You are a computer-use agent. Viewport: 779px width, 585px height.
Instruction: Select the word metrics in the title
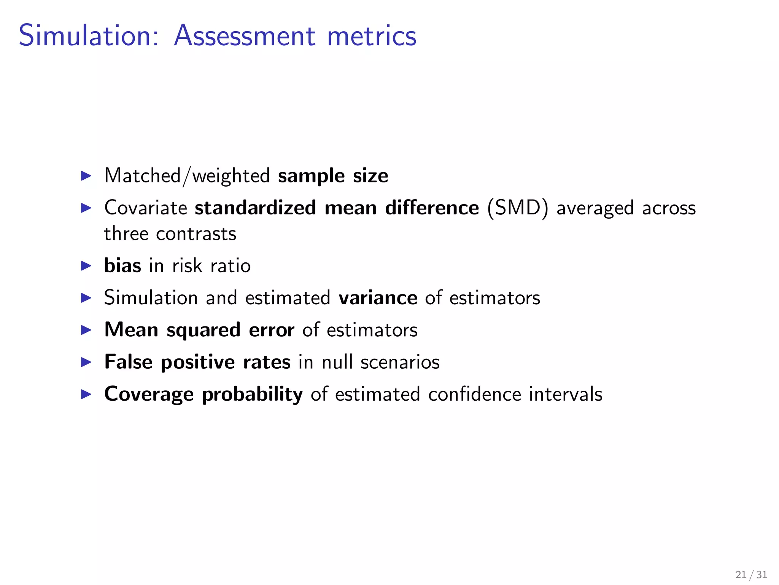(x=372, y=36)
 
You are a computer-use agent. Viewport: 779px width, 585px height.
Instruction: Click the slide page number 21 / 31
(x=751, y=575)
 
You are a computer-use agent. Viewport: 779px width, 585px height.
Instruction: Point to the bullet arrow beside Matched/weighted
(x=87, y=176)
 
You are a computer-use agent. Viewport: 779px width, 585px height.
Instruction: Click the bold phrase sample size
(x=333, y=176)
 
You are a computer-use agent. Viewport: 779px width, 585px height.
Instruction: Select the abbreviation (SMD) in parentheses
(x=517, y=208)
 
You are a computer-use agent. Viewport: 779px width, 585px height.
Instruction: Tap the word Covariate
(x=146, y=208)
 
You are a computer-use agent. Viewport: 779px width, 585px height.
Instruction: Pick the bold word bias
(x=122, y=265)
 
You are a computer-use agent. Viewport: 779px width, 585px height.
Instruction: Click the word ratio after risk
(x=231, y=265)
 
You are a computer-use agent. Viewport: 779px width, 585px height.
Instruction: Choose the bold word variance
(x=378, y=297)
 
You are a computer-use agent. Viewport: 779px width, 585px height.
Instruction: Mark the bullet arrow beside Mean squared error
(x=87, y=330)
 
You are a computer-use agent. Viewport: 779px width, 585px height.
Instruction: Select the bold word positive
(x=198, y=363)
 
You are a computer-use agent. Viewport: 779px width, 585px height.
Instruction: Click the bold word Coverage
(x=149, y=395)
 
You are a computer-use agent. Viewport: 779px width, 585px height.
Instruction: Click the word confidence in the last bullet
(x=474, y=394)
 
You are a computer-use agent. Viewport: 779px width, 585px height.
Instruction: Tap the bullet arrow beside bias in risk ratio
(x=87, y=266)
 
